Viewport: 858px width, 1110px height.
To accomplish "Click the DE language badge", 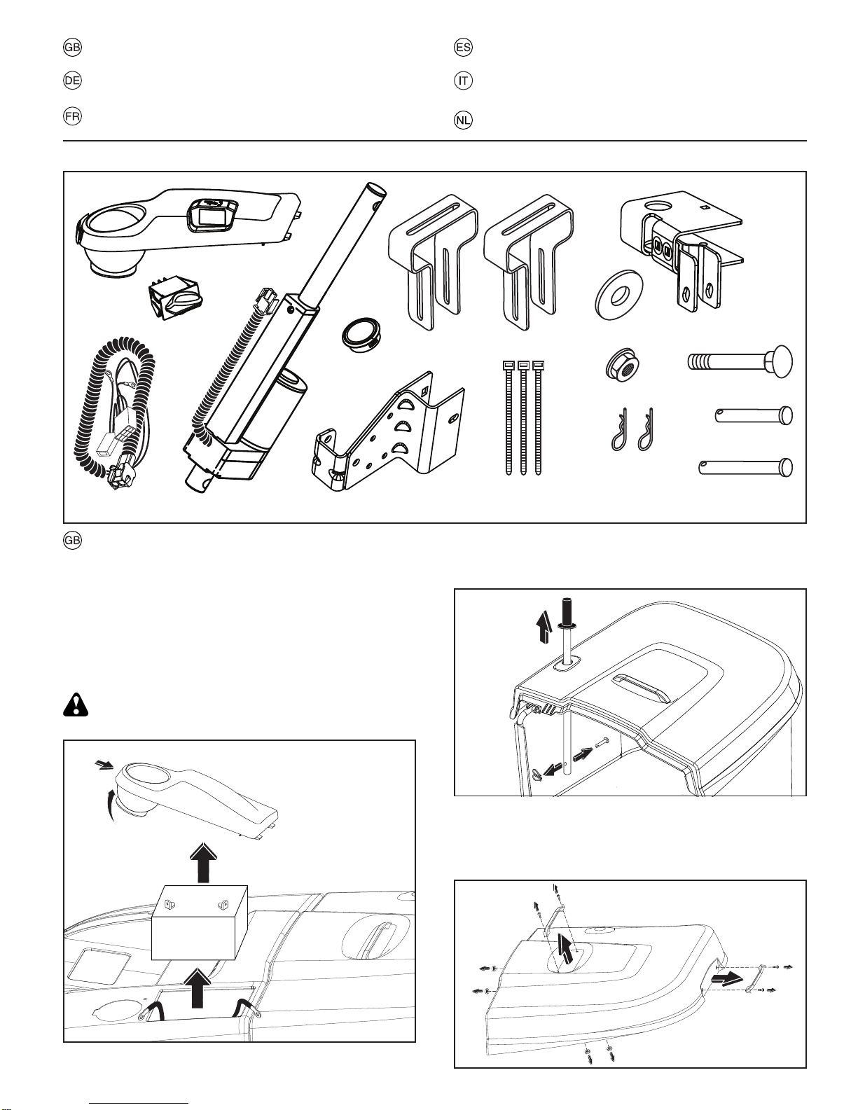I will [72, 81].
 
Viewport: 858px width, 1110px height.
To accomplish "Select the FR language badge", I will [72, 117].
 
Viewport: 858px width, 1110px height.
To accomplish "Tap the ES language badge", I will [463, 48].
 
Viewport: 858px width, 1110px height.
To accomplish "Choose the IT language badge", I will [463, 81].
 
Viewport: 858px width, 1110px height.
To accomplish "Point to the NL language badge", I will [463, 120].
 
